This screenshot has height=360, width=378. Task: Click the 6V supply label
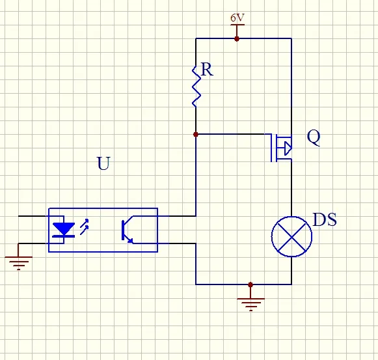[x=237, y=18]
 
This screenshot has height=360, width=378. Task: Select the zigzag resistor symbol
[x=196, y=87]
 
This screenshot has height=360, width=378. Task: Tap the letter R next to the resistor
[x=207, y=70]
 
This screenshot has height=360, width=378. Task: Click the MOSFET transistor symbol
[x=281, y=148]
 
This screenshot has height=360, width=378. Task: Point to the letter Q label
[x=314, y=137]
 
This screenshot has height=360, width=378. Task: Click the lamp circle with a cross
[x=291, y=236]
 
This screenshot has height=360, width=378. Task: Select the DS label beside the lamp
[x=325, y=219]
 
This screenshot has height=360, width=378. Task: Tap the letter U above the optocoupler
[x=103, y=163]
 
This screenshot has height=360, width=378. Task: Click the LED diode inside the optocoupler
[x=64, y=230]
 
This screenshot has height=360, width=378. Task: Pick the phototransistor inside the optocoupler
[x=128, y=230]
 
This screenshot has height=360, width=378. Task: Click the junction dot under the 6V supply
[x=237, y=38]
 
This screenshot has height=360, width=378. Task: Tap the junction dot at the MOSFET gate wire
[x=196, y=134]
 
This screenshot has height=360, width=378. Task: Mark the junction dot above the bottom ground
[x=250, y=284]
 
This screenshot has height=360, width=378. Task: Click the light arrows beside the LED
[x=84, y=227]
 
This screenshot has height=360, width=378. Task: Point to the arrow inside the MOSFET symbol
[x=288, y=148]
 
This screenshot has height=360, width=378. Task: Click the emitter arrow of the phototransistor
[x=130, y=241]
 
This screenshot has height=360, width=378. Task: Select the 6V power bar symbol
[x=237, y=25]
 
